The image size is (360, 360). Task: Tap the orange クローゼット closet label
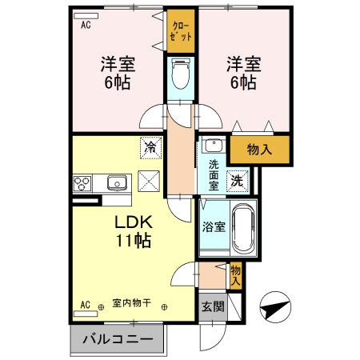[181, 32]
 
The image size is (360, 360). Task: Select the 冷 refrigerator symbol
[149, 146]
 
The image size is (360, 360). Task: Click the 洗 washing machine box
[237, 180]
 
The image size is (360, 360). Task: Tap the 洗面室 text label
[214, 174]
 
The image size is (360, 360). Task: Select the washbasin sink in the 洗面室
[213, 146]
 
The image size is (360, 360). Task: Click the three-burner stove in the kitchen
[84, 183]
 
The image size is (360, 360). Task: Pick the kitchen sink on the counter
[118, 183]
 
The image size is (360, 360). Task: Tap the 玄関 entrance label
[212, 306]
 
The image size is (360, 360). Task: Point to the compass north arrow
[274, 306]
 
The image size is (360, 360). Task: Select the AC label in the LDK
[85, 305]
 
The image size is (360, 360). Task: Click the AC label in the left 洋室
[85, 25]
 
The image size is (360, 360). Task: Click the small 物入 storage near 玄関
[235, 275]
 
